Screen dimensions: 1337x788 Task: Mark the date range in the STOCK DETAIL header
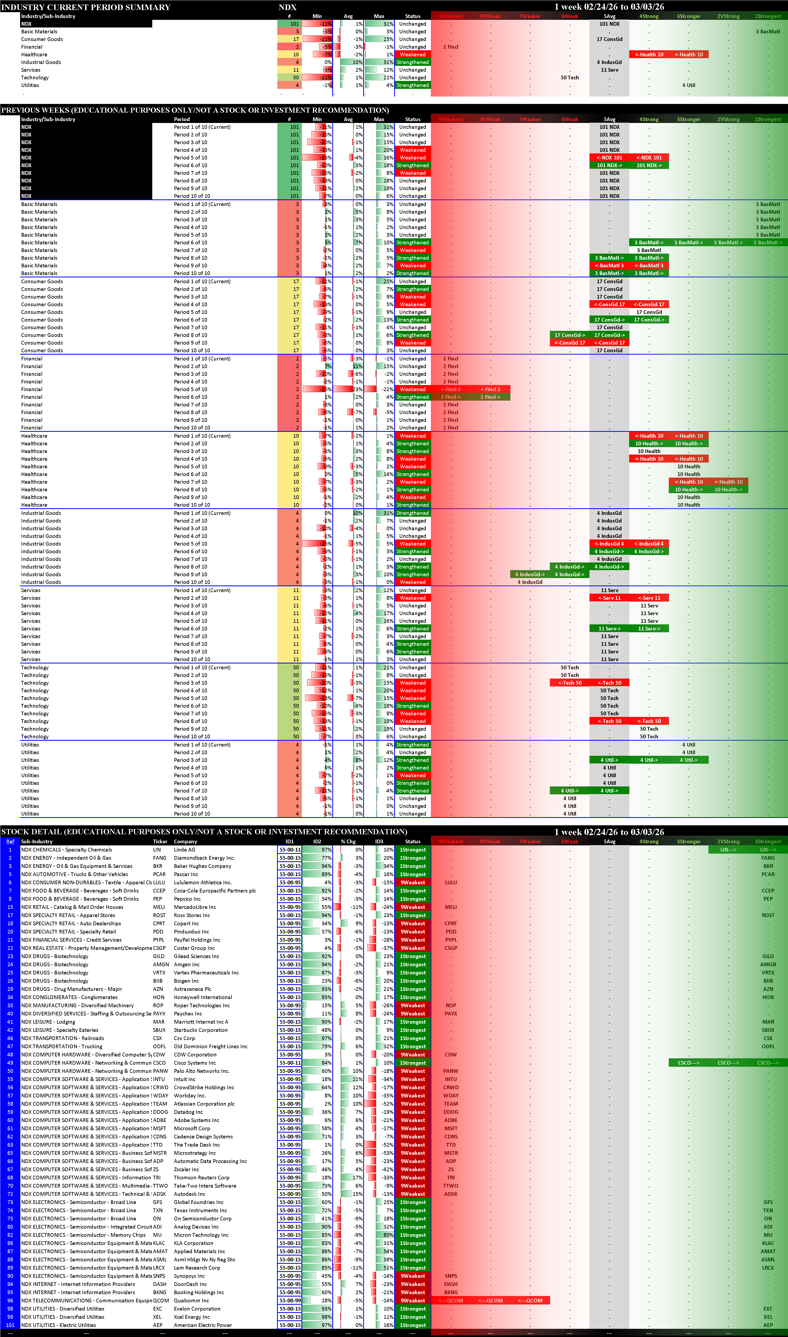[609, 832]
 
